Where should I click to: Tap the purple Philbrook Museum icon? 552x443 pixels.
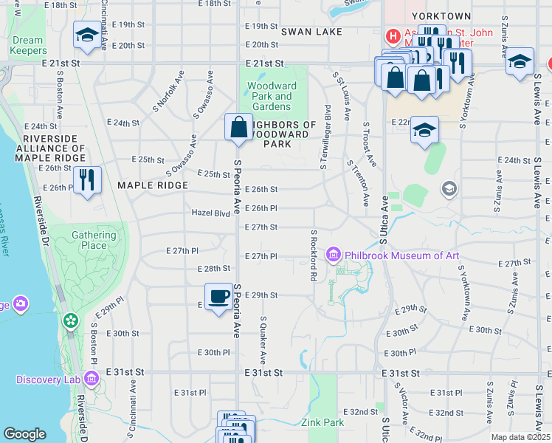[x=334, y=255]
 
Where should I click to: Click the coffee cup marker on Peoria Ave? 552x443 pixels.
[x=218, y=297]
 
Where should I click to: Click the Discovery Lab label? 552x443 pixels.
[x=49, y=380]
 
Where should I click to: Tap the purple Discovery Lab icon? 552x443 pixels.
[x=92, y=380]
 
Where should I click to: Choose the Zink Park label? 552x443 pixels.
[x=322, y=423]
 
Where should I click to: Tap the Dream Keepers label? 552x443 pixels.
[x=28, y=46]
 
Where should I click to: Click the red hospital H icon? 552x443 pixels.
[x=393, y=35]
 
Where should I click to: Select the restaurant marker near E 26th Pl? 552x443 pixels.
[x=87, y=179]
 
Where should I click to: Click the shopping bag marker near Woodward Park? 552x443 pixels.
[x=239, y=127]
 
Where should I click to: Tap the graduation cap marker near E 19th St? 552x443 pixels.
[x=87, y=35]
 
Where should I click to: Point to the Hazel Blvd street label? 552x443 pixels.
[x=211, y=213]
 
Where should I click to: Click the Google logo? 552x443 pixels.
[x=24, y=434]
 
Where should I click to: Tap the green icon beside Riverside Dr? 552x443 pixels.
[x=71, y=321]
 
